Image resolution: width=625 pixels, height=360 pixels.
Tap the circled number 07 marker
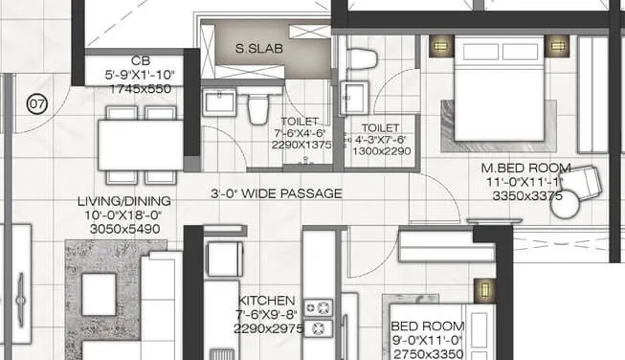(x=37, y=103)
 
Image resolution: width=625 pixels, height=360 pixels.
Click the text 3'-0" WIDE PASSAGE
(x=276, y=193)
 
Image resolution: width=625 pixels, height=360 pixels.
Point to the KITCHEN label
(x=268, y=301)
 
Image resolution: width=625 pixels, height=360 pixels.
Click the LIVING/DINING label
(x=124, y=201)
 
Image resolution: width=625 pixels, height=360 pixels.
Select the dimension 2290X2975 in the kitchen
(x=268, y=328)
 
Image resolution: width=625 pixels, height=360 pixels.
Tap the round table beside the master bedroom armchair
(x=565, y=204)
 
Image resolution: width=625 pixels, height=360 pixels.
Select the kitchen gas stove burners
(x=324, y=318)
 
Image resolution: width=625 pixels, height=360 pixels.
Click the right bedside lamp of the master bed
(x=556, y=44)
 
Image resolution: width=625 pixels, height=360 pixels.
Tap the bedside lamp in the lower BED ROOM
(x=485, y=290)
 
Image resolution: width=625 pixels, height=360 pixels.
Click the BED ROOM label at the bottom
(x=415, y=326)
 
